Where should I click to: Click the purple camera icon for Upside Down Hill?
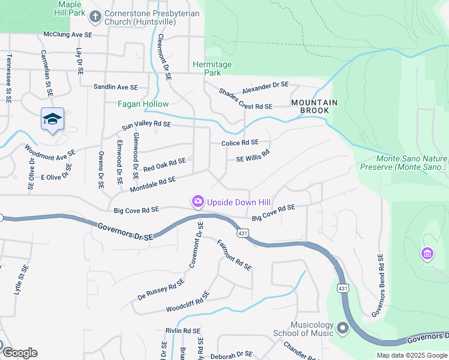(197, 202)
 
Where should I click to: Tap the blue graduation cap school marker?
(52, 119)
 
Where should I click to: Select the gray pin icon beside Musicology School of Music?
(343, 328)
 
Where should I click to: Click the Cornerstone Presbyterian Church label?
(144, 18)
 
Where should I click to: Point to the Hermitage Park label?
(206, 68)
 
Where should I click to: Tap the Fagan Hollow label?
(143, 104)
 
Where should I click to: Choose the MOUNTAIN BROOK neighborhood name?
(310, 107)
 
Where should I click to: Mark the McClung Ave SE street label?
(67, 35)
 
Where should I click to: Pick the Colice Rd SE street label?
(240, 143)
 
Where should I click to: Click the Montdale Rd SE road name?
(152, 184)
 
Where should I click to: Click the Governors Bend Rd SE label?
(377, 284)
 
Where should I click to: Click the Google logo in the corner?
(19, 353)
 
